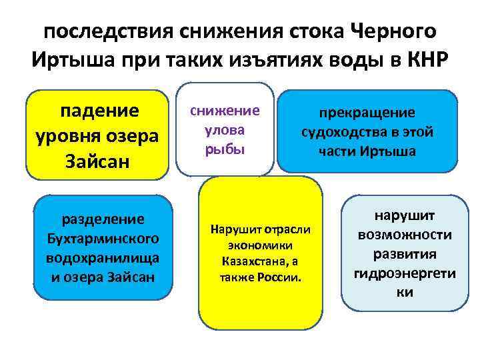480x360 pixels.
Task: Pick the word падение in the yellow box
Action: (100, 110)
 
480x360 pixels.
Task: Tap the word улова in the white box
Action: (224, 129)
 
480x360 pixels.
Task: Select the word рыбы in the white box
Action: (224, 148)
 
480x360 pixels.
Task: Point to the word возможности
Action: (405, 235)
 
